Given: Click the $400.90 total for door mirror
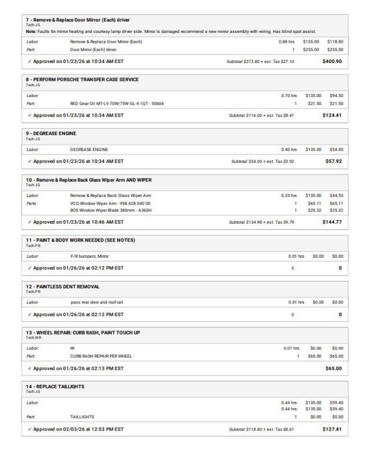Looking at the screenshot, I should point(332,61).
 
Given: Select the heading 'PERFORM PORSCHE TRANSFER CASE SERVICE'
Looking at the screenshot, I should point(86,79).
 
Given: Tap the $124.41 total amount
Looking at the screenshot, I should point(332,115).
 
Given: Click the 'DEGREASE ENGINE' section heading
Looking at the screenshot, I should point(54,133).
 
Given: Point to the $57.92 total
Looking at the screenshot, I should point(334,161).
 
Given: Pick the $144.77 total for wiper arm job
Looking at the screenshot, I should point(332,222).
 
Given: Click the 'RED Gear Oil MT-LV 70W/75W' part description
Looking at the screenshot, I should point(117,103).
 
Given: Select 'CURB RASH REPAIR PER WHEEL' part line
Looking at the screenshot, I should point(101,356).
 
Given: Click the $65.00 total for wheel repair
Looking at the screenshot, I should point(334,368).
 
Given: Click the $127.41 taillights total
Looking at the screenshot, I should point(332,429).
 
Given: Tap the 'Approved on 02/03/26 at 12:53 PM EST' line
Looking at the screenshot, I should point(78,429).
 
